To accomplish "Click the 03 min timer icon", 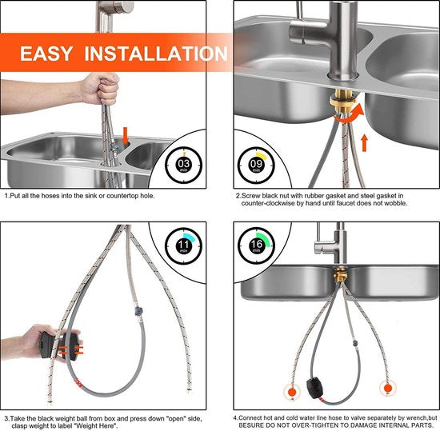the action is (183, 166).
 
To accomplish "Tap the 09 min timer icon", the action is (256, 166).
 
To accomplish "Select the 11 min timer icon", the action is (183, 246).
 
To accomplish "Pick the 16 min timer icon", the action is (256, 245).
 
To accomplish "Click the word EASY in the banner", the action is (46, 54).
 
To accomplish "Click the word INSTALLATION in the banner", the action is (156, 54).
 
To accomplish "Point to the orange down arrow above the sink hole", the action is (125, 136).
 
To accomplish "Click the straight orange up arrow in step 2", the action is (364, 143).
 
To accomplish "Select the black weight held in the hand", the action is (59, 345).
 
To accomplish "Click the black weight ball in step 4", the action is (316, 389).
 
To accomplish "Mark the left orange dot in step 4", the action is (292, 390).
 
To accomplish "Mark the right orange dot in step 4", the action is (388, 389).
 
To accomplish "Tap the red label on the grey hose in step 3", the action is (77, 382).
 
